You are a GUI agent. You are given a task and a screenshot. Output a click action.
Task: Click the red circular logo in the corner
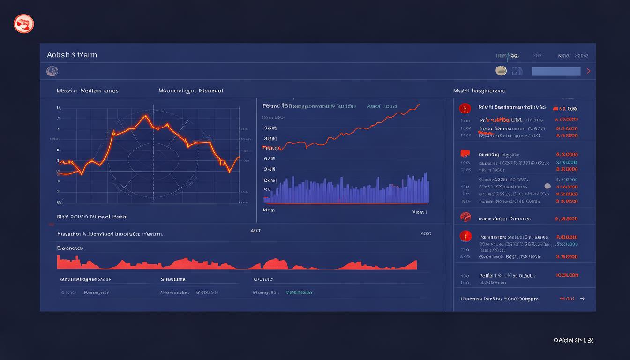tap(24, 23)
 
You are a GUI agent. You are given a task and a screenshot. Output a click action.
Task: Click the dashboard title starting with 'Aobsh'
tap(72, 55)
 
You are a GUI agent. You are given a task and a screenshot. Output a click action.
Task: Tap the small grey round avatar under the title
tap(52, 71)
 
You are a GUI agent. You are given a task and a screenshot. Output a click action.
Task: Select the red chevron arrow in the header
tap(589, 71)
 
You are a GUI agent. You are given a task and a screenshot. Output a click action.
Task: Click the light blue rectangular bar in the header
tap(556, 71)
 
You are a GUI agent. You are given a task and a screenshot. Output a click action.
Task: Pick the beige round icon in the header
tap(501, 71)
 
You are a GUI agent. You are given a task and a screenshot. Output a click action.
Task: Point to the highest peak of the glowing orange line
tap(146, 116)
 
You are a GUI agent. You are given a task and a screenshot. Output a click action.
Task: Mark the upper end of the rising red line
tap(419, 105)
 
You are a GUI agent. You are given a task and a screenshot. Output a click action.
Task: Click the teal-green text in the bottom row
tap(300, 292)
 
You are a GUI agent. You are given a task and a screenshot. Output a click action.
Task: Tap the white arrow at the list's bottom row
tap(582, 299)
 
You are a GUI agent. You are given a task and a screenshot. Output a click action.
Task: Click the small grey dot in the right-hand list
tap(547, 186)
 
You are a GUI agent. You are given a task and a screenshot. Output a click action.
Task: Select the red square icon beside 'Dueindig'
tap(465, 154)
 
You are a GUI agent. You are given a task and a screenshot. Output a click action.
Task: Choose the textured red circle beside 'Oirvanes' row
tap(465, 217)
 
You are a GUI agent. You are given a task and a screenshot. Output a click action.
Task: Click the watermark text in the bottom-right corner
tap(573, 340)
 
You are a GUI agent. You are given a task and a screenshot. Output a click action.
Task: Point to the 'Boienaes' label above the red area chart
tap(70, 248)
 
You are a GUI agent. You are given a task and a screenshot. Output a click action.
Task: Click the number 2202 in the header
tap(581, 56)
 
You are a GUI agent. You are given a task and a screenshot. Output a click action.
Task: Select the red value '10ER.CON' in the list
tap(567, 276)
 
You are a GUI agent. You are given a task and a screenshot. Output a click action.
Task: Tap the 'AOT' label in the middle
tap(255, 231)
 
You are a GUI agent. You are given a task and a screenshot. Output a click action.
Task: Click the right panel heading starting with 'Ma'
tap(479, 90)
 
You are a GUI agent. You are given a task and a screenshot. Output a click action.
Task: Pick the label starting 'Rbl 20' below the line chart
tap(92, 217)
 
